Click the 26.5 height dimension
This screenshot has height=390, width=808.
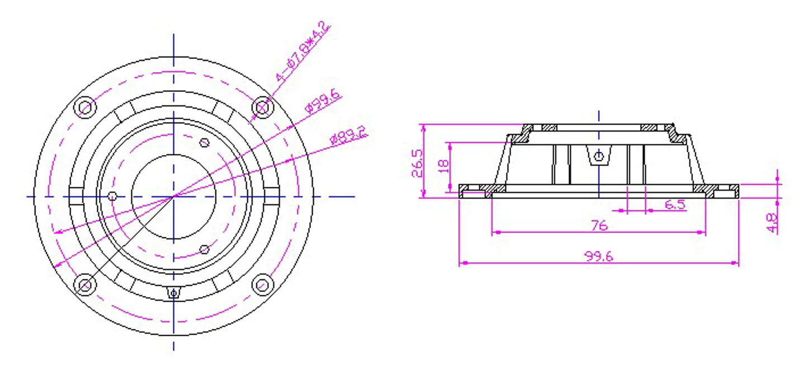tap(417, 163)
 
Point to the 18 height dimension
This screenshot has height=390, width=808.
tap(443, 166)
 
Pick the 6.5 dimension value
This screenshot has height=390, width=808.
tap(674, 205)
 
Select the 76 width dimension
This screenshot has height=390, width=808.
tap(599, 225)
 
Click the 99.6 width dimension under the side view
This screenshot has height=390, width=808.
tap(598, 256)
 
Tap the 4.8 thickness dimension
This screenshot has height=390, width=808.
tap(772, 223)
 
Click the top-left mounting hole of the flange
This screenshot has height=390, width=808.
tap(85, 107)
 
